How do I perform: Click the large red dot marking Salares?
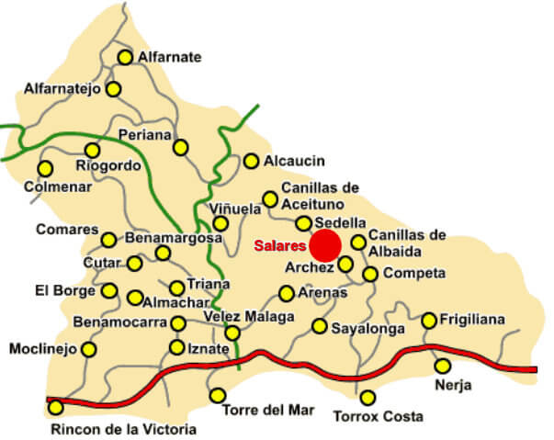point(324,246)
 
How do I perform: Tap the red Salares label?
point(280,246)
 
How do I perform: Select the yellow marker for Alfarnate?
point(125,57)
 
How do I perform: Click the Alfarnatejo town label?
point(62,89)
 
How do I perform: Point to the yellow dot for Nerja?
point(443,366)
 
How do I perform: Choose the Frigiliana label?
point(472,320)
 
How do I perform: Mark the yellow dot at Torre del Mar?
point(218,396)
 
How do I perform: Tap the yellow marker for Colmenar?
point(44,168)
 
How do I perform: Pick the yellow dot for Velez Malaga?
point(232,333)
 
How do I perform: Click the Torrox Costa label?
point(371,416)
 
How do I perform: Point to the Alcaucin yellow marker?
point(251,161)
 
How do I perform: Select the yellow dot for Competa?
point(369,274)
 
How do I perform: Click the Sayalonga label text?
point(367,326)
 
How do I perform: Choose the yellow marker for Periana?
point(181,147)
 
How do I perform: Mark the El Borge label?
point(65,291)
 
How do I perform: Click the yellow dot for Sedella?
point(303,223)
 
